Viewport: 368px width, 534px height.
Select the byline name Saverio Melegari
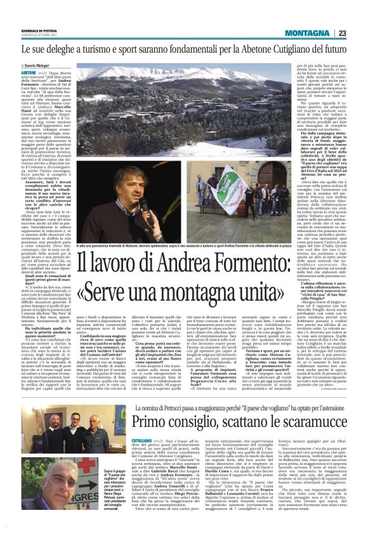41,65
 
